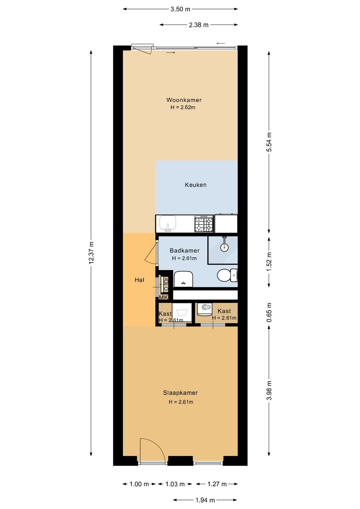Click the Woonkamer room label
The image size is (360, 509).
(184, 100)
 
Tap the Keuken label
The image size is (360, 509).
(196, 185)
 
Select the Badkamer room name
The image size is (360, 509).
(185, 250)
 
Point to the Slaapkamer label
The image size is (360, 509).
(180, 393)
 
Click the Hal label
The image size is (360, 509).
(139, 280)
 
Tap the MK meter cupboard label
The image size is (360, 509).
(164, 298)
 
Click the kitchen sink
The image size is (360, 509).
(168, 223)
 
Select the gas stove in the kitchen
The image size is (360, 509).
(204, 223)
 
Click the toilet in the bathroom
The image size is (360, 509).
(227, 276)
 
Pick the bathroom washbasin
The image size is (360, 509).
(183, 279)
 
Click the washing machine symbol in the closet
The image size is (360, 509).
(182, 312)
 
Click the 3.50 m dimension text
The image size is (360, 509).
(180, 9)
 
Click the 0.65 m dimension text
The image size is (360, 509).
(269, 312)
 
